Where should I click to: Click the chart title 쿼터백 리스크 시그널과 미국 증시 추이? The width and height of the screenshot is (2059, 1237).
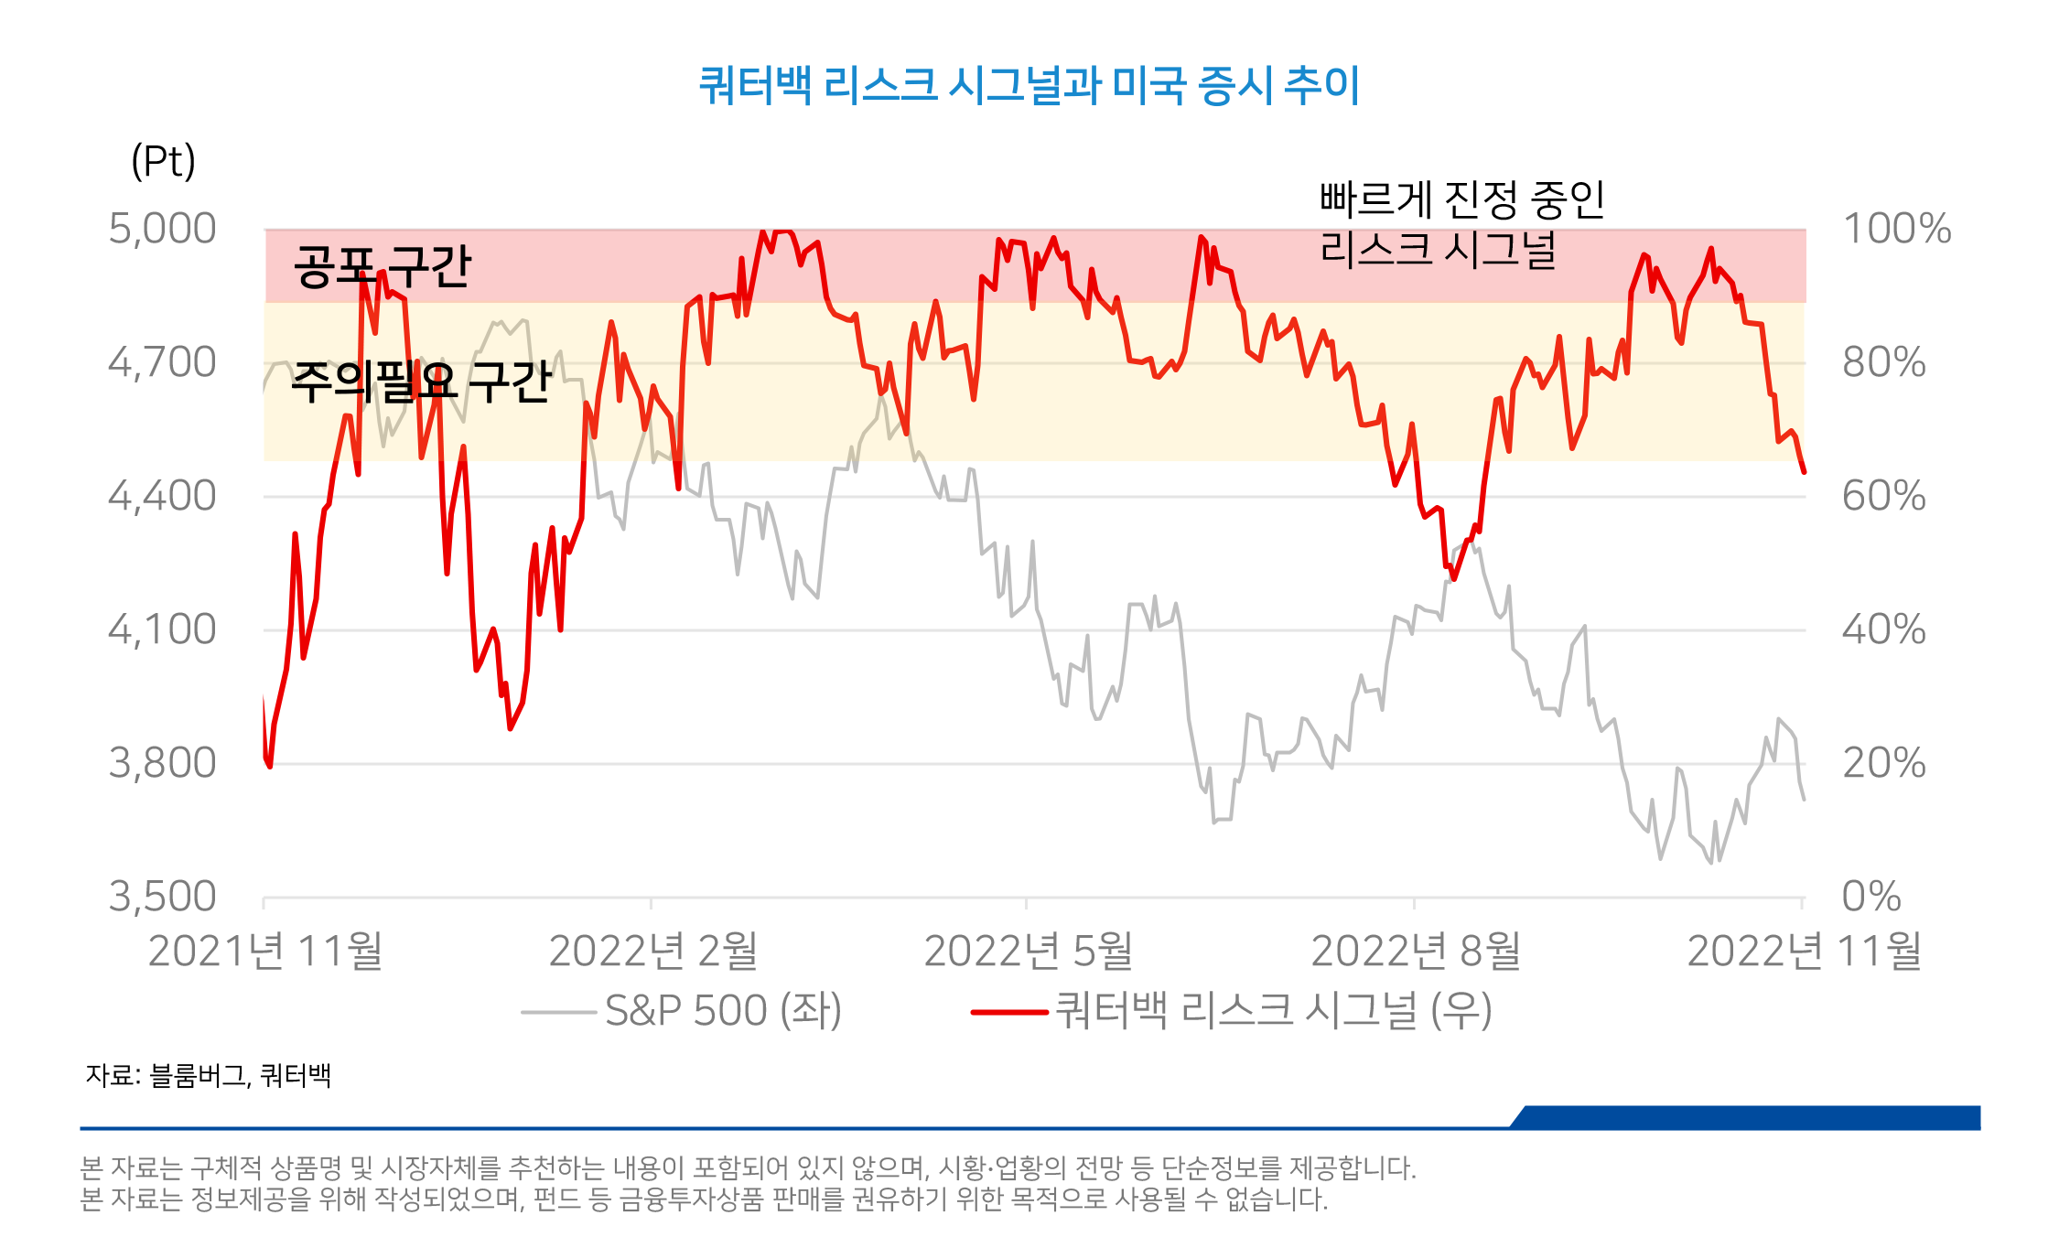point(1029,86)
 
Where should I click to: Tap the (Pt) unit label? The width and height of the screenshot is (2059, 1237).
point(163,161)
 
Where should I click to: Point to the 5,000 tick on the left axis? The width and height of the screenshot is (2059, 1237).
point(162,229)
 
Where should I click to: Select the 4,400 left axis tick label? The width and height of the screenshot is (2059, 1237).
point(162,496)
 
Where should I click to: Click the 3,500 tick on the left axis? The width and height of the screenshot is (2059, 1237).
point(162,897)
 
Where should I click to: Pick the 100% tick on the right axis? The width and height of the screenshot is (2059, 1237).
point(1896,229)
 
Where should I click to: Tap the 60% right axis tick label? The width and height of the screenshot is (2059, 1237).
point(1883,496)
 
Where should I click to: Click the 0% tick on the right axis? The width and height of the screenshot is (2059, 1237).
point(1870,897)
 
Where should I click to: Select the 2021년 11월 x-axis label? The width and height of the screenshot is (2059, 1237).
point(265,952)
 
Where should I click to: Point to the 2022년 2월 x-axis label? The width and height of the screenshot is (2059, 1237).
point(652,952)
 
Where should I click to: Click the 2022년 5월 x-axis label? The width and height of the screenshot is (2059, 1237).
point(1028,952)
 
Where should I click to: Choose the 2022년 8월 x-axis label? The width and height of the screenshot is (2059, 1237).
point(1416,952)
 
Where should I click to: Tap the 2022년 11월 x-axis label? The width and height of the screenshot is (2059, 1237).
point(1804,952)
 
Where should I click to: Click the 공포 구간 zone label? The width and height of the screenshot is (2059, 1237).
point(382,266)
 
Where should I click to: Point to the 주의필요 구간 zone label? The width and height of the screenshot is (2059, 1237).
point(421,382)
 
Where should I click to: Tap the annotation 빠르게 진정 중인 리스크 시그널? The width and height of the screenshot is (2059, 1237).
point(1461,224)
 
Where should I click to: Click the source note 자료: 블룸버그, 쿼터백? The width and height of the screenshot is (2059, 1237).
point(209,1075)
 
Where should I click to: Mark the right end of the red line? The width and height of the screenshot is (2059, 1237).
point(1804,472)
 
